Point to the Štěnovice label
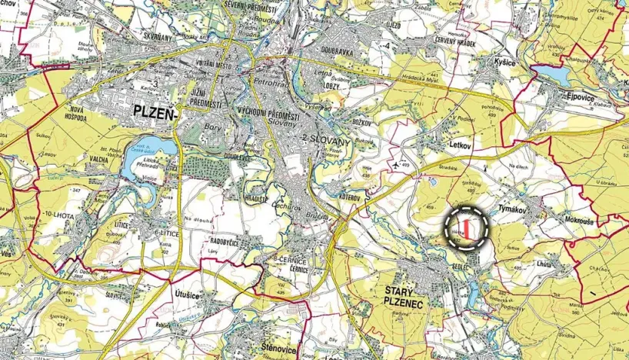coord(277,344)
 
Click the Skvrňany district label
coord(158,37)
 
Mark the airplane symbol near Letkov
coord(394,164)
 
